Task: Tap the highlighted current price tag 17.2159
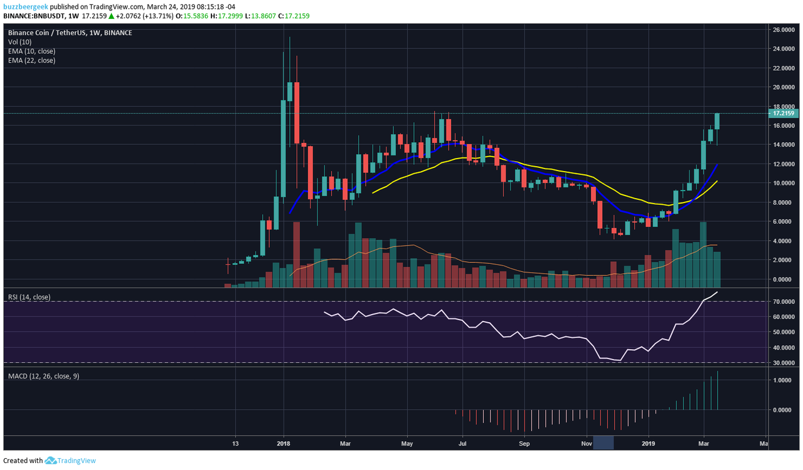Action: [x=784, y=113]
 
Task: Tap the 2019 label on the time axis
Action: [x=649, y=443]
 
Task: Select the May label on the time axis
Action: [x=406, y=443]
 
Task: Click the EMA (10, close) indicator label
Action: [x=31, y=51]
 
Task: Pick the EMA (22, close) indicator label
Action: [x=31, y=61]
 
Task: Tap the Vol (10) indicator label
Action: [x=21, y=42]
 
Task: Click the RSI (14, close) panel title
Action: [x=29, y=297]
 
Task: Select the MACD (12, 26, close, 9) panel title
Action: [x=43, y=376]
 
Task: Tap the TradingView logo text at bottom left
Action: [x=72, y=461]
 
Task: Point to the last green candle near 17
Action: [x=717, y=121]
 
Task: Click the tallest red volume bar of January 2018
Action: [x=296, y=254]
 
